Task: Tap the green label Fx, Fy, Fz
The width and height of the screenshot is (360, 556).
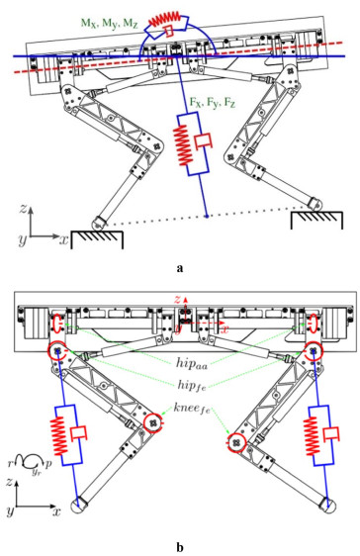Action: (x=213, y=103)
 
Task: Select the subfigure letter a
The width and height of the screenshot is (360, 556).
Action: (x=180, y=268)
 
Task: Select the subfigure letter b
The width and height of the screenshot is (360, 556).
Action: (x=180, y=547)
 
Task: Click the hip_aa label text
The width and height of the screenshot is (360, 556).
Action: (x=192, y=362)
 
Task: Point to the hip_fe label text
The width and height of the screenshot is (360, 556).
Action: (x=192, y=385)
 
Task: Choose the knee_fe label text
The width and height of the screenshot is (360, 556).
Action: (x=192, y=408)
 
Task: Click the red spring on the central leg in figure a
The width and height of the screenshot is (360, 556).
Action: (x=182, y=145)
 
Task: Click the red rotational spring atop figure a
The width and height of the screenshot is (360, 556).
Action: (x=164, y=19)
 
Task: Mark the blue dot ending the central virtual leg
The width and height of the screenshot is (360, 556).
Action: (x=207, y=216)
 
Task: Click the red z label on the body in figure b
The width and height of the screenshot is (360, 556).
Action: (x=177, y=300)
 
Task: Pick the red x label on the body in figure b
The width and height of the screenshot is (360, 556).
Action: (x=225, y=329)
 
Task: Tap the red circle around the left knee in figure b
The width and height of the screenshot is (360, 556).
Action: (x=153, y=422)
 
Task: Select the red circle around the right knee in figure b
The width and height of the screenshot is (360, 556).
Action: (x=236, y=443)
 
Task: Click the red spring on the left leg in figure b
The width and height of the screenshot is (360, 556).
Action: (x=59, y=435)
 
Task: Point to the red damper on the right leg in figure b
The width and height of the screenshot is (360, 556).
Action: (x=331, y=433)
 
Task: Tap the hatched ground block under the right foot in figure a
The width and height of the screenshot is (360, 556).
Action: (x=316, y=220)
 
